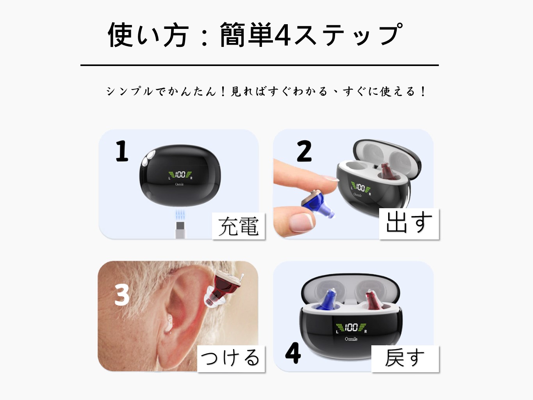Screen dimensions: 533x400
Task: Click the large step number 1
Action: (122, 151)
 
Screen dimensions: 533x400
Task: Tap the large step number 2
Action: (304, 151)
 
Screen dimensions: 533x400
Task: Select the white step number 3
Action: (122, 295)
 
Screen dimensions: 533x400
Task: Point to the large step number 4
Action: (293, 353)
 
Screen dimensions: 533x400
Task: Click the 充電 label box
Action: (238, 226)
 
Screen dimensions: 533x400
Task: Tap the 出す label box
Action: (409, 224)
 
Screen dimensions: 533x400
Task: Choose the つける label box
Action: (231, 359)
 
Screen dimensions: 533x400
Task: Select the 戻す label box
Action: (405, 359)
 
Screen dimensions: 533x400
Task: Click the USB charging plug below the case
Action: (180, 230)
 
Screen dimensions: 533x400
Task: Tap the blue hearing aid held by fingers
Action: (317, 204)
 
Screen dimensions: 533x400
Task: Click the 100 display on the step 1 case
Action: (180, 174)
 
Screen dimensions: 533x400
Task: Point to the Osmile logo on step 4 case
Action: (351, 339)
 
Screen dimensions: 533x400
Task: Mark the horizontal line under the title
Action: (260, 65)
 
